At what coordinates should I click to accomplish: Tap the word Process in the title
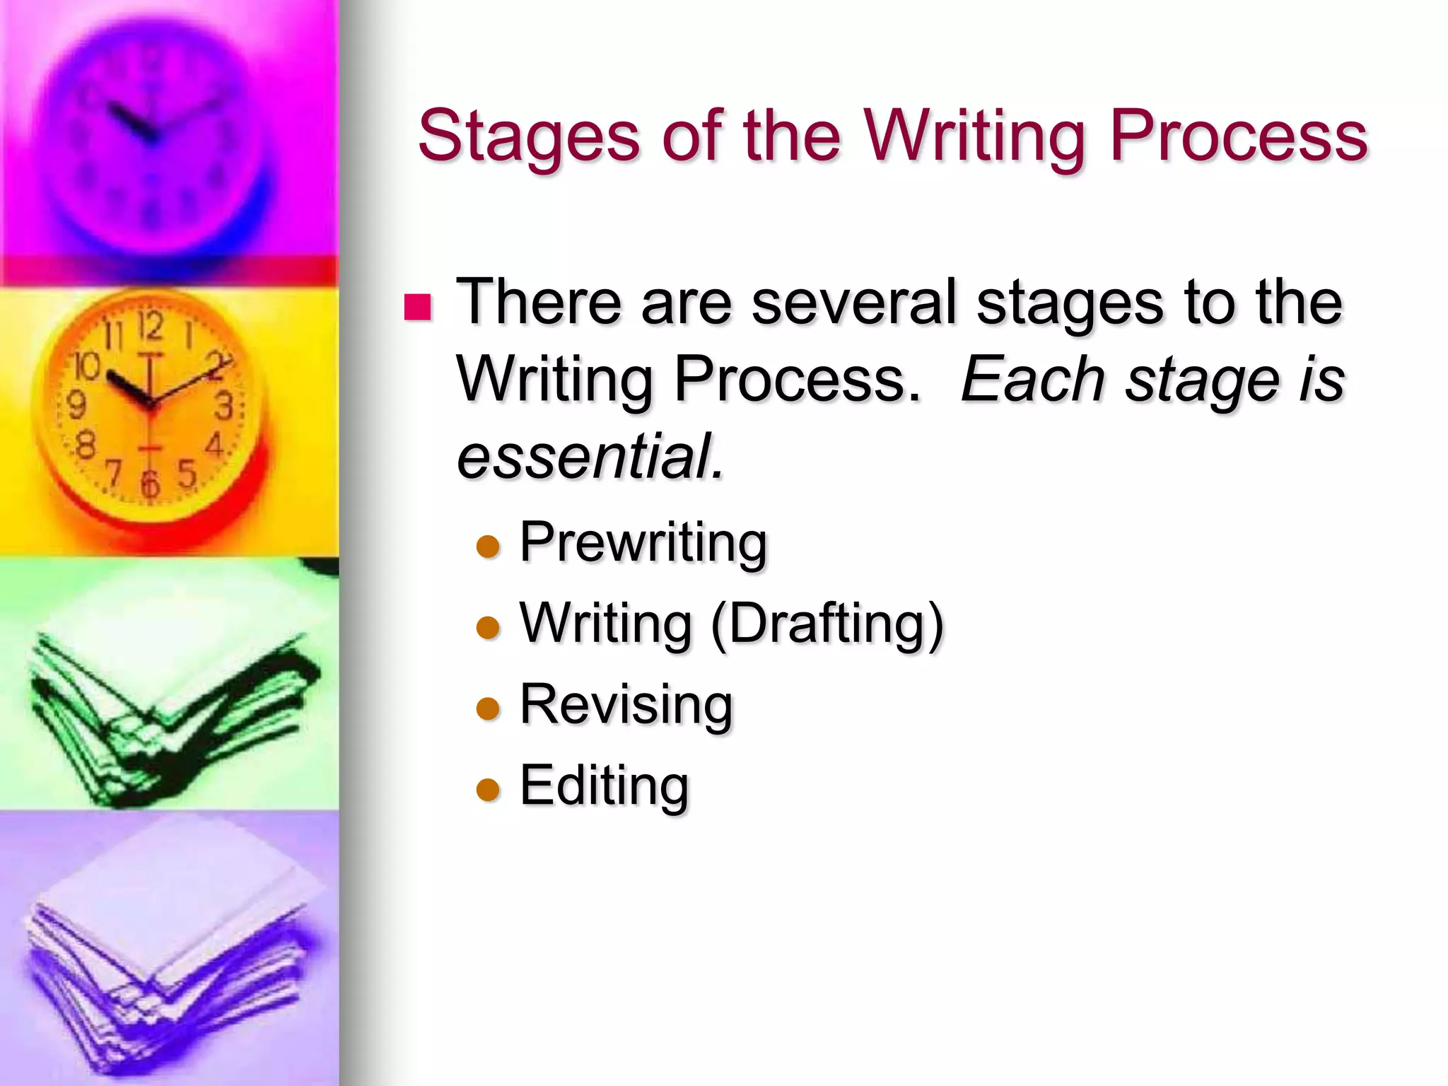coord(1238,136)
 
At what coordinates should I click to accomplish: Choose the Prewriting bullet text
coord(643,543)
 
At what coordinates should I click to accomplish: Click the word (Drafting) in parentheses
coord(827,624)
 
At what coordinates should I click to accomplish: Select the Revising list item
coord(626,706)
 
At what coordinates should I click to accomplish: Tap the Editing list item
coord(605,786)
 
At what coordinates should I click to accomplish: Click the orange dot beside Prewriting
coord(488,547)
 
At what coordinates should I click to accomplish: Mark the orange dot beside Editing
coord(488,790)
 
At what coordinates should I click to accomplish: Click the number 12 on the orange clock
coord(151,325)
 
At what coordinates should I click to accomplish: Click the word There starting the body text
coord(537,303)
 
